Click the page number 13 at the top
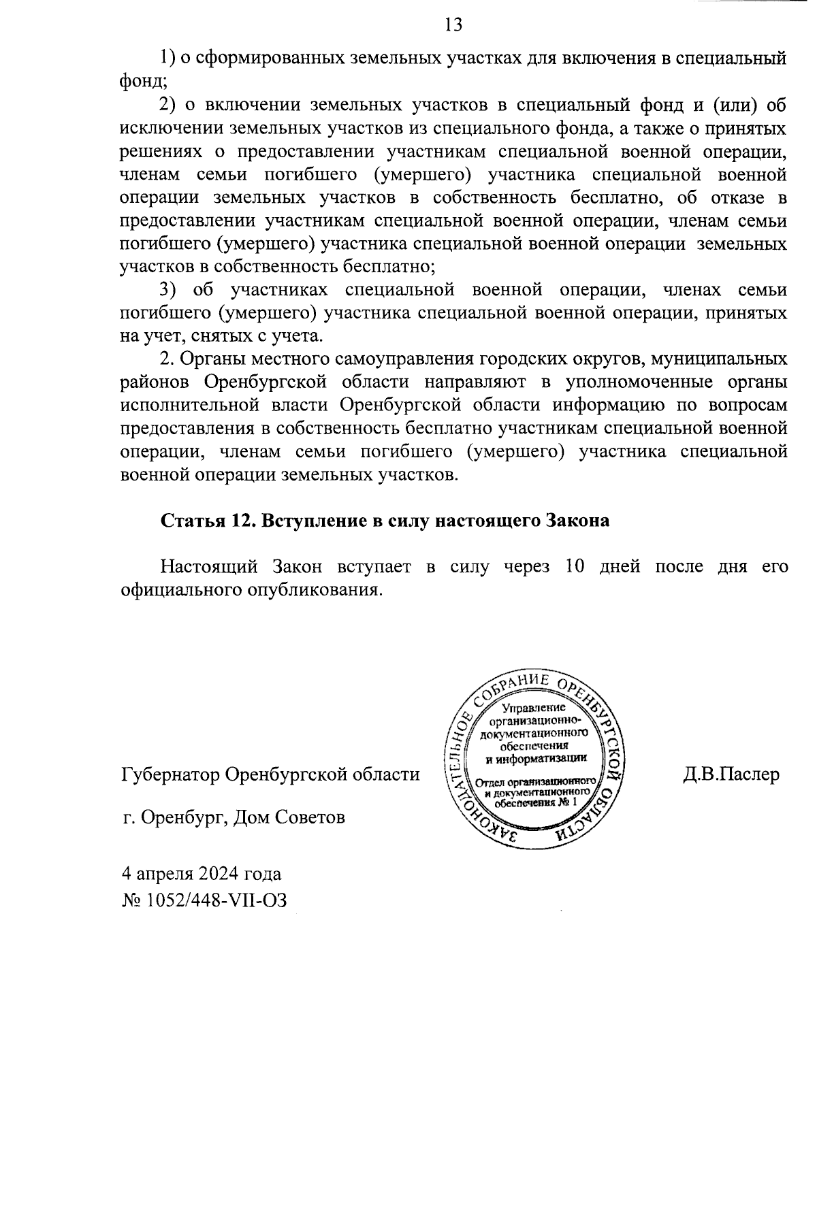pyautogui.click(x=453, y=25)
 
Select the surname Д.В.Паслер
pyautogui.click(x=731, y=774)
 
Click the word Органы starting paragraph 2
pyautogui.click(x=215, y=359)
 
